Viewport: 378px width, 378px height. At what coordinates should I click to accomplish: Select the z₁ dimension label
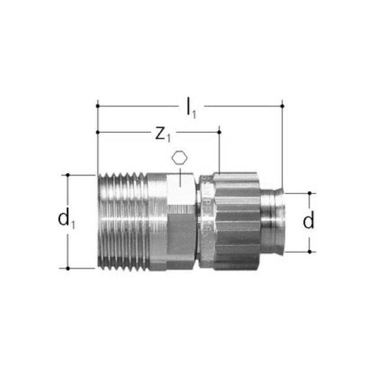pos(162,135)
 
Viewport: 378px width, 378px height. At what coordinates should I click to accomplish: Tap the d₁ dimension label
pos(66,220)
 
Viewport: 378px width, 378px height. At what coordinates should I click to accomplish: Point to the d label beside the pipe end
pos(308,221)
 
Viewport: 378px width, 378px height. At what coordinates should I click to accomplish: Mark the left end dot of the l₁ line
pos(96,106)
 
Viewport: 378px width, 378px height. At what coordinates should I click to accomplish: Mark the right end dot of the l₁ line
pos(282,106)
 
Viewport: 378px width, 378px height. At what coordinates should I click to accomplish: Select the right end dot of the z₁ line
pos(219,133)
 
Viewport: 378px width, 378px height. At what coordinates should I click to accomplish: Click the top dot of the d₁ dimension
pos(69,175)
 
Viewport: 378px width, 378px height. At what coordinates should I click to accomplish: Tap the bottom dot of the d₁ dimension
pos(69,268)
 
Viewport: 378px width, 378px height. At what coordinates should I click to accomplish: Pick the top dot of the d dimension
pos(309,193)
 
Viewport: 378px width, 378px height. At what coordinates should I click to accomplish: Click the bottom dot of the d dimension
pos(309,252)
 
